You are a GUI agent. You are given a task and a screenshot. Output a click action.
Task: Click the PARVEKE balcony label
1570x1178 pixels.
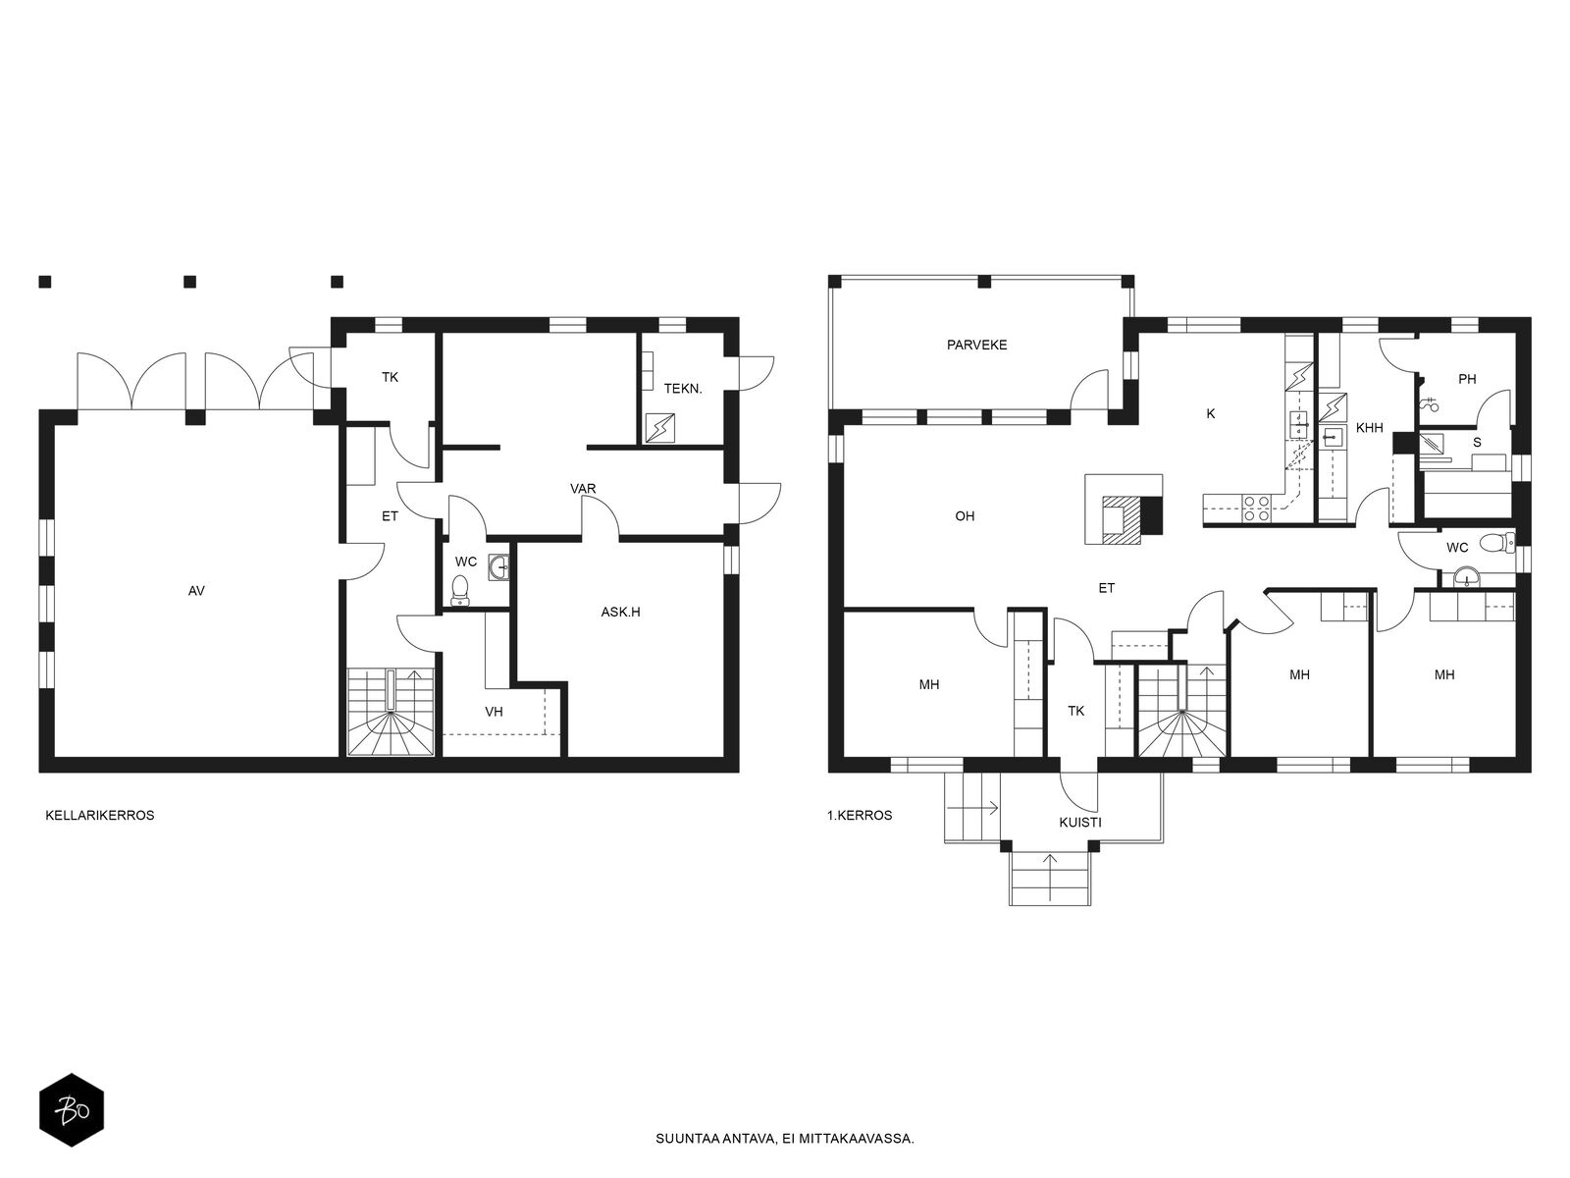pyautogui.click(x=976, y=345)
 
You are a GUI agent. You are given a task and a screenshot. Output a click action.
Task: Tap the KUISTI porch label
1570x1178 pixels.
pyautogui.click(x=1080, y=823)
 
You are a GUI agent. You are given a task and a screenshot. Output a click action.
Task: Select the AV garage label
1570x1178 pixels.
pyautogui.click(x=196, y=591)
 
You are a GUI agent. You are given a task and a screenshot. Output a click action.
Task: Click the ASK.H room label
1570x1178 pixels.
pyautogui.click(x=620, y=613)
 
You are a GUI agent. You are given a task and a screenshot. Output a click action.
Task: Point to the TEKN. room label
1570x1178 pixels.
pyautogui.click(x=683, y=389)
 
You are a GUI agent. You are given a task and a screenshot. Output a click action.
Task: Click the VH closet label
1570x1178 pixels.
pyautogui.click(x=494, y=712)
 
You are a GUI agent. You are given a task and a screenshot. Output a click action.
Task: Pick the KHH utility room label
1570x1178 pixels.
pyautogui.click(x=1369, y=428)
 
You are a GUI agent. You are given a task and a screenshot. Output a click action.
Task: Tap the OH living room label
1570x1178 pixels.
pyautogui.click(x=965, y=516)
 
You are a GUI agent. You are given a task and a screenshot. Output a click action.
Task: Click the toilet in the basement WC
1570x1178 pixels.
pyautogui.click(x=460, y=590)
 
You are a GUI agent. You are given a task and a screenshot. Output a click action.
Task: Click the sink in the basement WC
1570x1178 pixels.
pyautogui.click(x=498, y=568)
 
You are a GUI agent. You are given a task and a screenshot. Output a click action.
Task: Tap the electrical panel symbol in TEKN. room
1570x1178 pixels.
pyautogui.click(x=659, y=428)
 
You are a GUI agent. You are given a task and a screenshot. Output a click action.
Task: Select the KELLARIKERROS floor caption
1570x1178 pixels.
pyautogui.click(x=100, y=816)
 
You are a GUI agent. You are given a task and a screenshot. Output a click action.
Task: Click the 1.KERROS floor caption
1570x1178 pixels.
pyautogui.click(x=860, y=816)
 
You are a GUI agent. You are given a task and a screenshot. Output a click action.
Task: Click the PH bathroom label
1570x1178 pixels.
pyautogui.click(x=1467, y=379)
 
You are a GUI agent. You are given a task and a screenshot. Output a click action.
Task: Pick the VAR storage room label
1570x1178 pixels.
pyautogui.click(x=583, y=489)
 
